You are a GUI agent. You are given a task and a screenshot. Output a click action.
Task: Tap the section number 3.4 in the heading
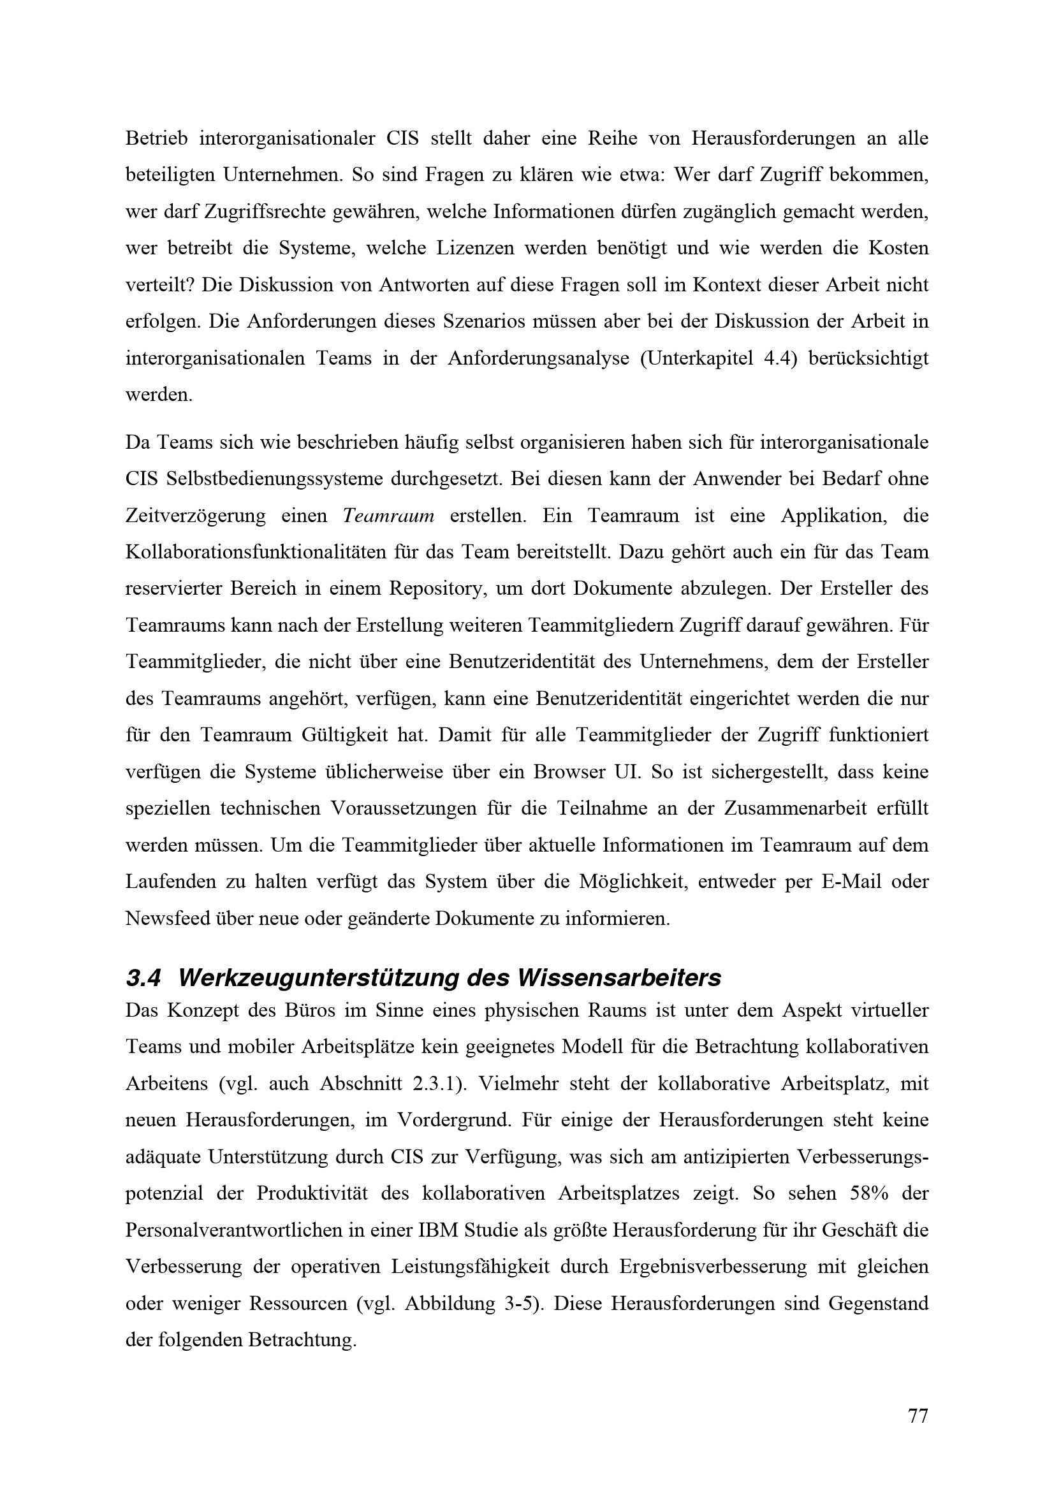(143, 978)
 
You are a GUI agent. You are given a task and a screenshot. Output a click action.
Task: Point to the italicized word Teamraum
(388, 516)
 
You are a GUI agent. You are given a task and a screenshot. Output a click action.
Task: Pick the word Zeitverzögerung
(196, 516)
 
